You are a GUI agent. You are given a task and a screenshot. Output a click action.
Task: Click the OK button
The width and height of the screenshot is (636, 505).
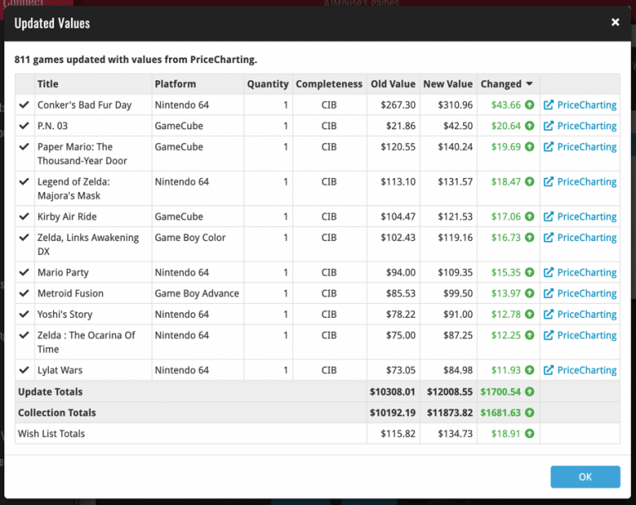tap(585, 477)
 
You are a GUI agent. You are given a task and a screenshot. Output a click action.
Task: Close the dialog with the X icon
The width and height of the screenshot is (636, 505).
tap(615, 22)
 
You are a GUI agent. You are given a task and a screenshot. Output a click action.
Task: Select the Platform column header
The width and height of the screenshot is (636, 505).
tap(176, 84)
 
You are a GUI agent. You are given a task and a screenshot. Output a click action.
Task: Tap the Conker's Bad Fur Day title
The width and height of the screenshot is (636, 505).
tap(84, 105)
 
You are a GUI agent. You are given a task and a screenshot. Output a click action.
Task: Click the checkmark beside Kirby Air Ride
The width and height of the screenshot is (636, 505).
tap(24, 216)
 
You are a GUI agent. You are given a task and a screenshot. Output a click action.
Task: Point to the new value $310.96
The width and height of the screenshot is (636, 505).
tap(448, 105)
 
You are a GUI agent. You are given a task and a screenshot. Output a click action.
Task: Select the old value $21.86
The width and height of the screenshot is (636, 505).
tap(398, 126)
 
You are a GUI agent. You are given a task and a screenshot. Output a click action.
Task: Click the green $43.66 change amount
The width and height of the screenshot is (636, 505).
tap(506, 105)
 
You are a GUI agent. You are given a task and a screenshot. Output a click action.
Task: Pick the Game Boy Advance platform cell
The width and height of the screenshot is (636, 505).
tap(197, 293)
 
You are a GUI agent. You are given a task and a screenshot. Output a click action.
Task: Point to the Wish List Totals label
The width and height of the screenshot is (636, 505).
tap(51, 433)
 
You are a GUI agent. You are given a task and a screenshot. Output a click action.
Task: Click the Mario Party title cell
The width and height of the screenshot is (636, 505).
tap(63, 272)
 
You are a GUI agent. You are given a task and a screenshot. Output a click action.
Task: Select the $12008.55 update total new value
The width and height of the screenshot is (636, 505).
tap(448, 392)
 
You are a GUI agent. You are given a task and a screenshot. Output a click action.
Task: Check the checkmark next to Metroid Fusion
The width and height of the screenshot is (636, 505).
tap(24, 293)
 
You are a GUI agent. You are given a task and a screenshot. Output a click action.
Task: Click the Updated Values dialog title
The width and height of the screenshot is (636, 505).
tap(52, 23)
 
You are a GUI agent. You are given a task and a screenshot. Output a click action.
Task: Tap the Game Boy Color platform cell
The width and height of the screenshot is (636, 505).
tap(190, 238)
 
